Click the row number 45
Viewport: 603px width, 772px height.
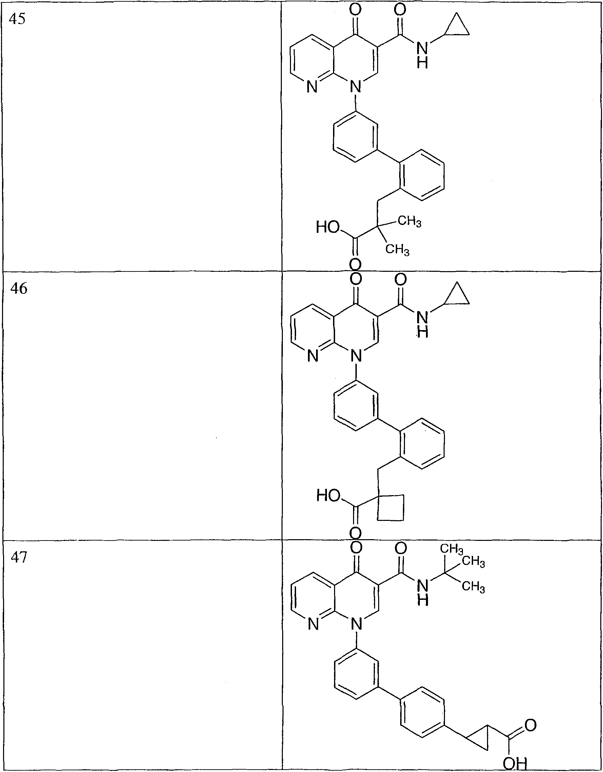click(17, 19)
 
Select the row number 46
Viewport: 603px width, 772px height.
click(18, 288)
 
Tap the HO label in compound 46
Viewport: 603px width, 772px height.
click(328, 495)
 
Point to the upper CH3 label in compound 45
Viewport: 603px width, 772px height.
click(410, 222)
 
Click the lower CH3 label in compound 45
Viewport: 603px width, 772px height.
click(397, 249)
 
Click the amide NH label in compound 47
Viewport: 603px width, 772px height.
click(423, 592)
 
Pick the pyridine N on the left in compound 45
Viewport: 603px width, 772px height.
click(312, 87)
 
